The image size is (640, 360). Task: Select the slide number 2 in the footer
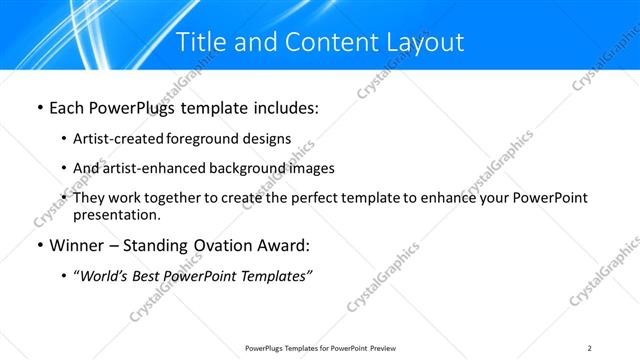point(590,348)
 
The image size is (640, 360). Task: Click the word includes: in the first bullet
point(284,106)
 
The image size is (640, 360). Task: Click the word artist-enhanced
point(149,168)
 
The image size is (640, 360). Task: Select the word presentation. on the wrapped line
point(117,215)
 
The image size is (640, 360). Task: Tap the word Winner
point(77,246)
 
